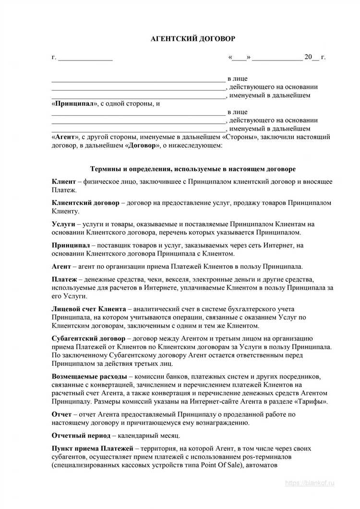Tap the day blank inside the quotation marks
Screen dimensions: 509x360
point(240,58)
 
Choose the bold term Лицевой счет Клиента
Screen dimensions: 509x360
point(89,309)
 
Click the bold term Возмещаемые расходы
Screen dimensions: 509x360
point(89,376)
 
